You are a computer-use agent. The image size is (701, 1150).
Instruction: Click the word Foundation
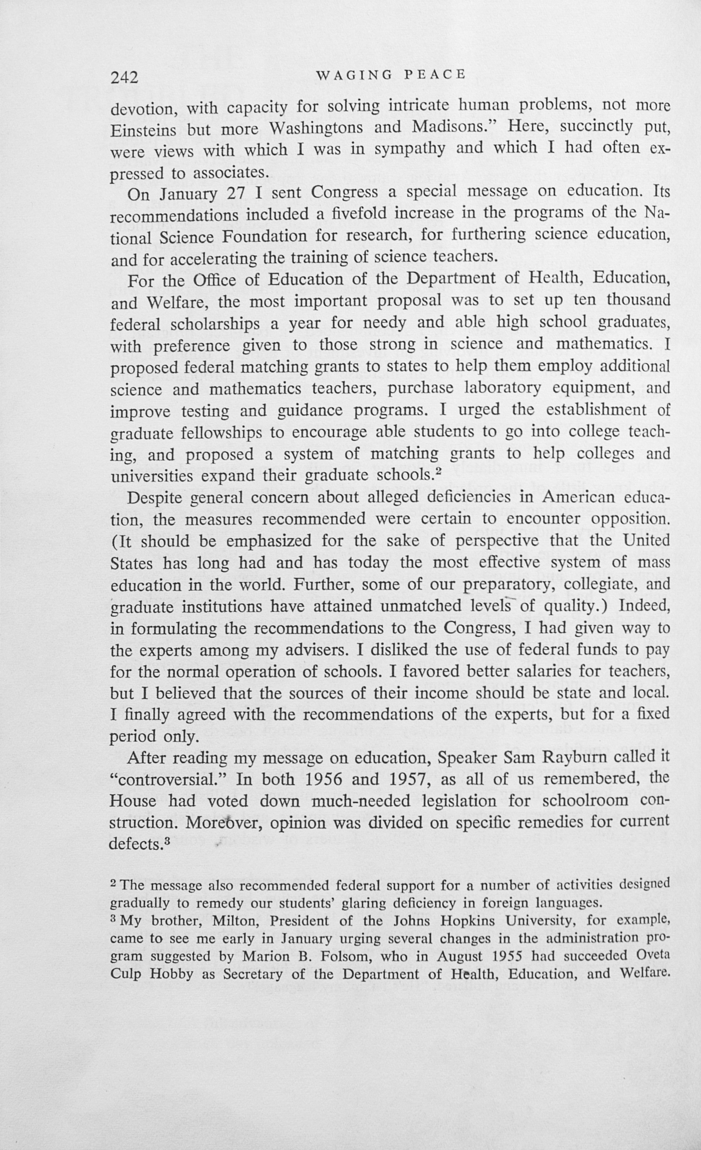tap(264, 237)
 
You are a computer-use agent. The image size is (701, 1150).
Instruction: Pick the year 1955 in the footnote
tap(506, 957)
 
